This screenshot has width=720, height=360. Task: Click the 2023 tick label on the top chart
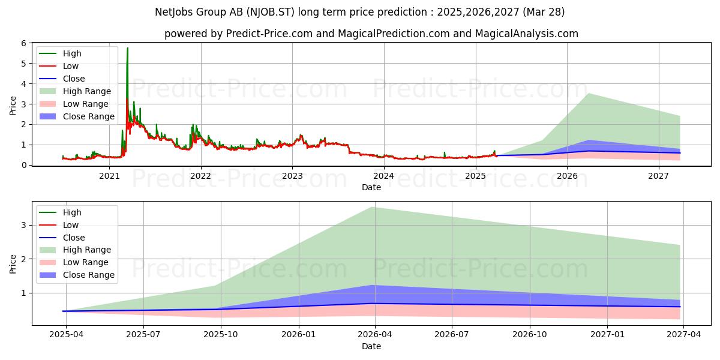292,176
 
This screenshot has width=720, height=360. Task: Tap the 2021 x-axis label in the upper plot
109,176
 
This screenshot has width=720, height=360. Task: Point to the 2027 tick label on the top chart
658,176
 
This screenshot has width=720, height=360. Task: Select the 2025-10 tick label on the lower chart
221,334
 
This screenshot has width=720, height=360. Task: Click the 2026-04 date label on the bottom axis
375,334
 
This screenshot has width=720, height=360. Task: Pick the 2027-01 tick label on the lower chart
607,334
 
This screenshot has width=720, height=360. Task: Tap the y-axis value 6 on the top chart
24,43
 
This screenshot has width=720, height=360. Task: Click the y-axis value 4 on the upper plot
24,84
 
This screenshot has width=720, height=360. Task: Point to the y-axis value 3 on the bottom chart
24,225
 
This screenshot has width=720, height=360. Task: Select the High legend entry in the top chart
72,53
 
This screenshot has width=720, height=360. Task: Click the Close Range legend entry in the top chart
89,116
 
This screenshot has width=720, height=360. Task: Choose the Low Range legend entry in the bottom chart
85,262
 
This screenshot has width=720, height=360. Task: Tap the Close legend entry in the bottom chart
74,238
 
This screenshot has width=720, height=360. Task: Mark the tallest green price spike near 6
128,48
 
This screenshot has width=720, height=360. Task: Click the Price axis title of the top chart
13,106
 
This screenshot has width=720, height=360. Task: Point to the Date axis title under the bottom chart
371,346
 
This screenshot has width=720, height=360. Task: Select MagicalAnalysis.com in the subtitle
527,34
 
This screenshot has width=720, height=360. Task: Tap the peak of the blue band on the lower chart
373,286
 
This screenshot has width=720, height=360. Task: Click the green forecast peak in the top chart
589,94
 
